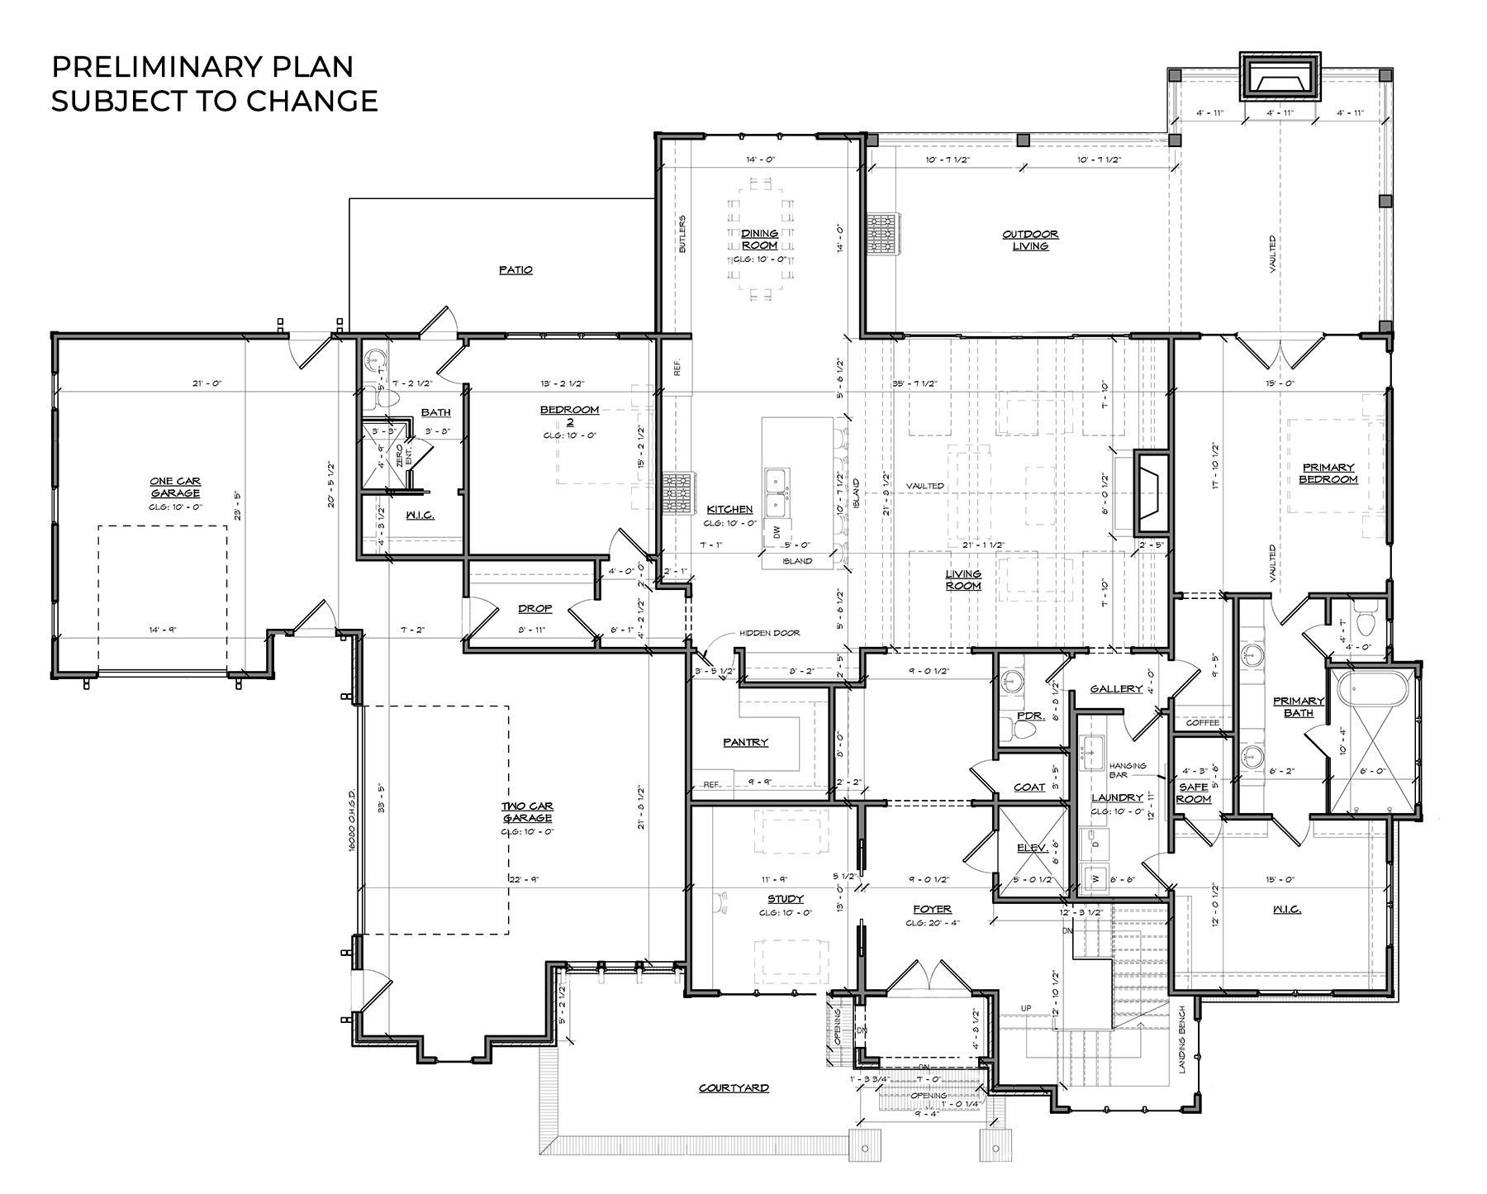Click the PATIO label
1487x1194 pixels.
[515, 270]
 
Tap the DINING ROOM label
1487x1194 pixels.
[758, 240]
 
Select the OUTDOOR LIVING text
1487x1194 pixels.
[1030, 240]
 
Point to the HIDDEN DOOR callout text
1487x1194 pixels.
[769, 633]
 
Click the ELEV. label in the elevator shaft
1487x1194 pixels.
[1033, 847]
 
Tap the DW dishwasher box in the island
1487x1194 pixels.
[777, 533]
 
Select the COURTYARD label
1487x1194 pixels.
[734, 1088]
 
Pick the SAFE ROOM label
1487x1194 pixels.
[1194, 793]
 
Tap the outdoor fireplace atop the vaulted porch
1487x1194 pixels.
[1280, 81]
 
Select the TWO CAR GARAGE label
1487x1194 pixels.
[526, 812]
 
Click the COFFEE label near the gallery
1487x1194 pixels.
[1202, 723]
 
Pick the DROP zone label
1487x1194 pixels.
[534, 609]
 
